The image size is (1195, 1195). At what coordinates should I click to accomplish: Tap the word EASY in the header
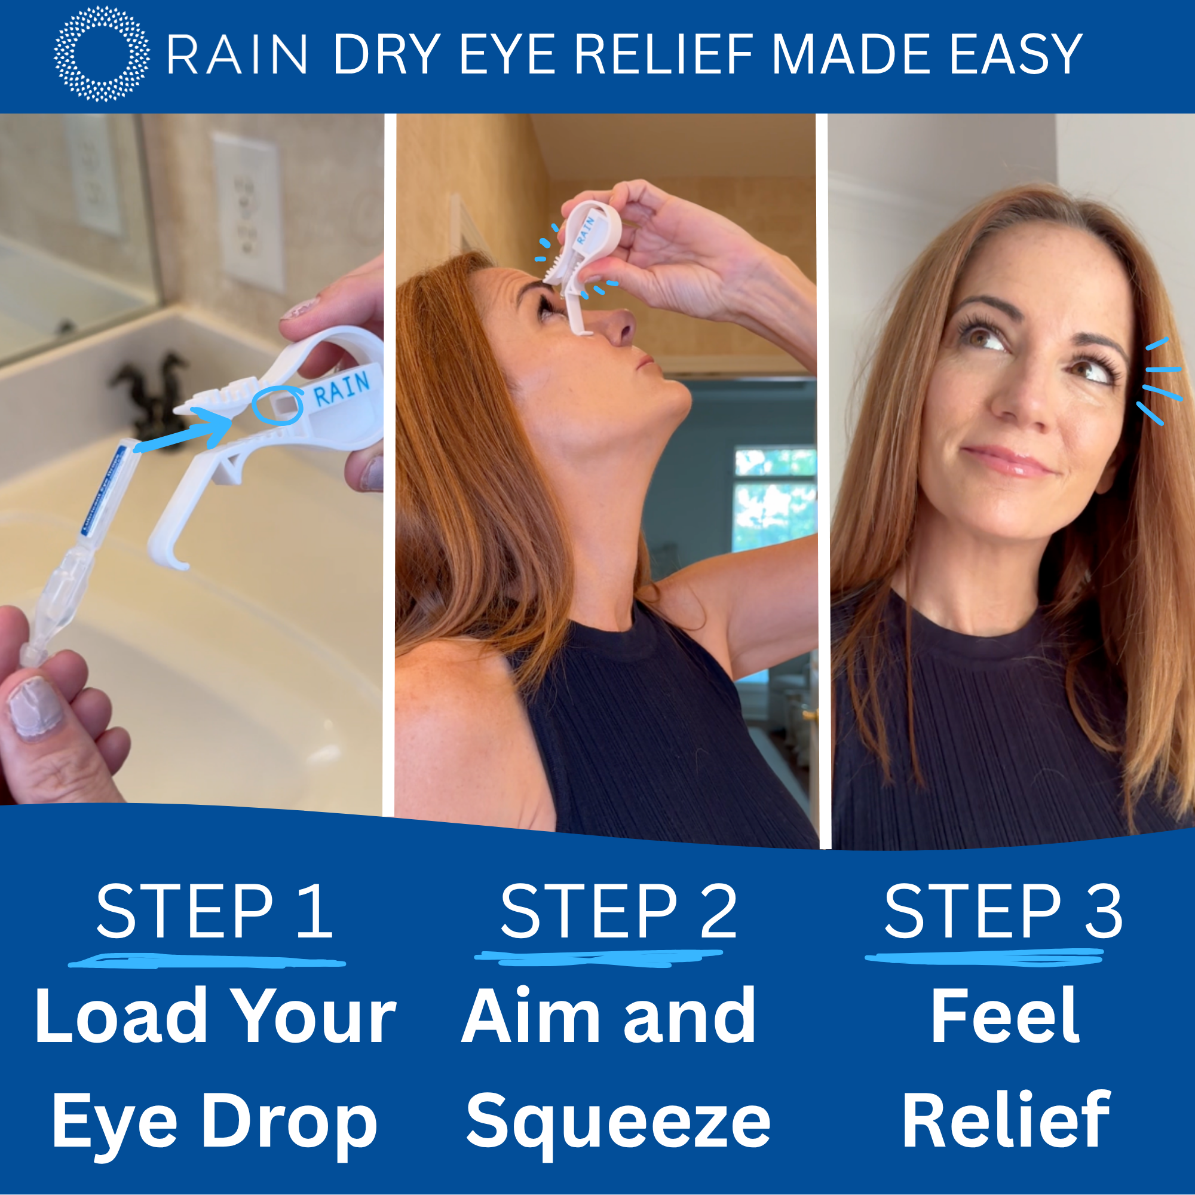(1015, 55)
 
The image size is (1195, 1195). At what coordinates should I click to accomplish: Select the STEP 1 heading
(215, 911)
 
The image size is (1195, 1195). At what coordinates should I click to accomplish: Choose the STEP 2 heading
(618, 911)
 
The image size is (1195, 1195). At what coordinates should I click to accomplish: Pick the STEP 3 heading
(1003, 911)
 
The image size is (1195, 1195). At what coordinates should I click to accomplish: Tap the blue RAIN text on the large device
(341, 389)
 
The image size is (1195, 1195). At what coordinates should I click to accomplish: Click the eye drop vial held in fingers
(74, 550)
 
